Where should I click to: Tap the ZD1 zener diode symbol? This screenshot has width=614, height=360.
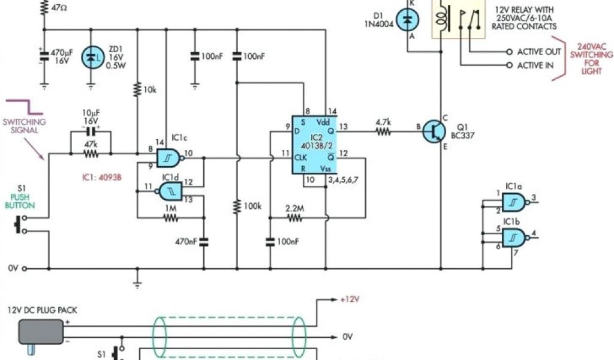pos(91,58)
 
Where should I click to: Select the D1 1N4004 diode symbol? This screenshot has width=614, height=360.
pos(409,21)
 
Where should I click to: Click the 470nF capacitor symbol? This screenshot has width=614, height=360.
pos(203,242)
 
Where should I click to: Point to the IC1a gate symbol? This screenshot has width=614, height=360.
pos(513,202)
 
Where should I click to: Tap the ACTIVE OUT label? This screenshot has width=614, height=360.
pos(539,52)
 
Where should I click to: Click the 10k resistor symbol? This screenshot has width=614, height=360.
pos(138,91)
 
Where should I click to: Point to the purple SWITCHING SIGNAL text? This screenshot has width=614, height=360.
pos(25,125)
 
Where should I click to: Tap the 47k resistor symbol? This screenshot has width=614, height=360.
pos(91,154)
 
